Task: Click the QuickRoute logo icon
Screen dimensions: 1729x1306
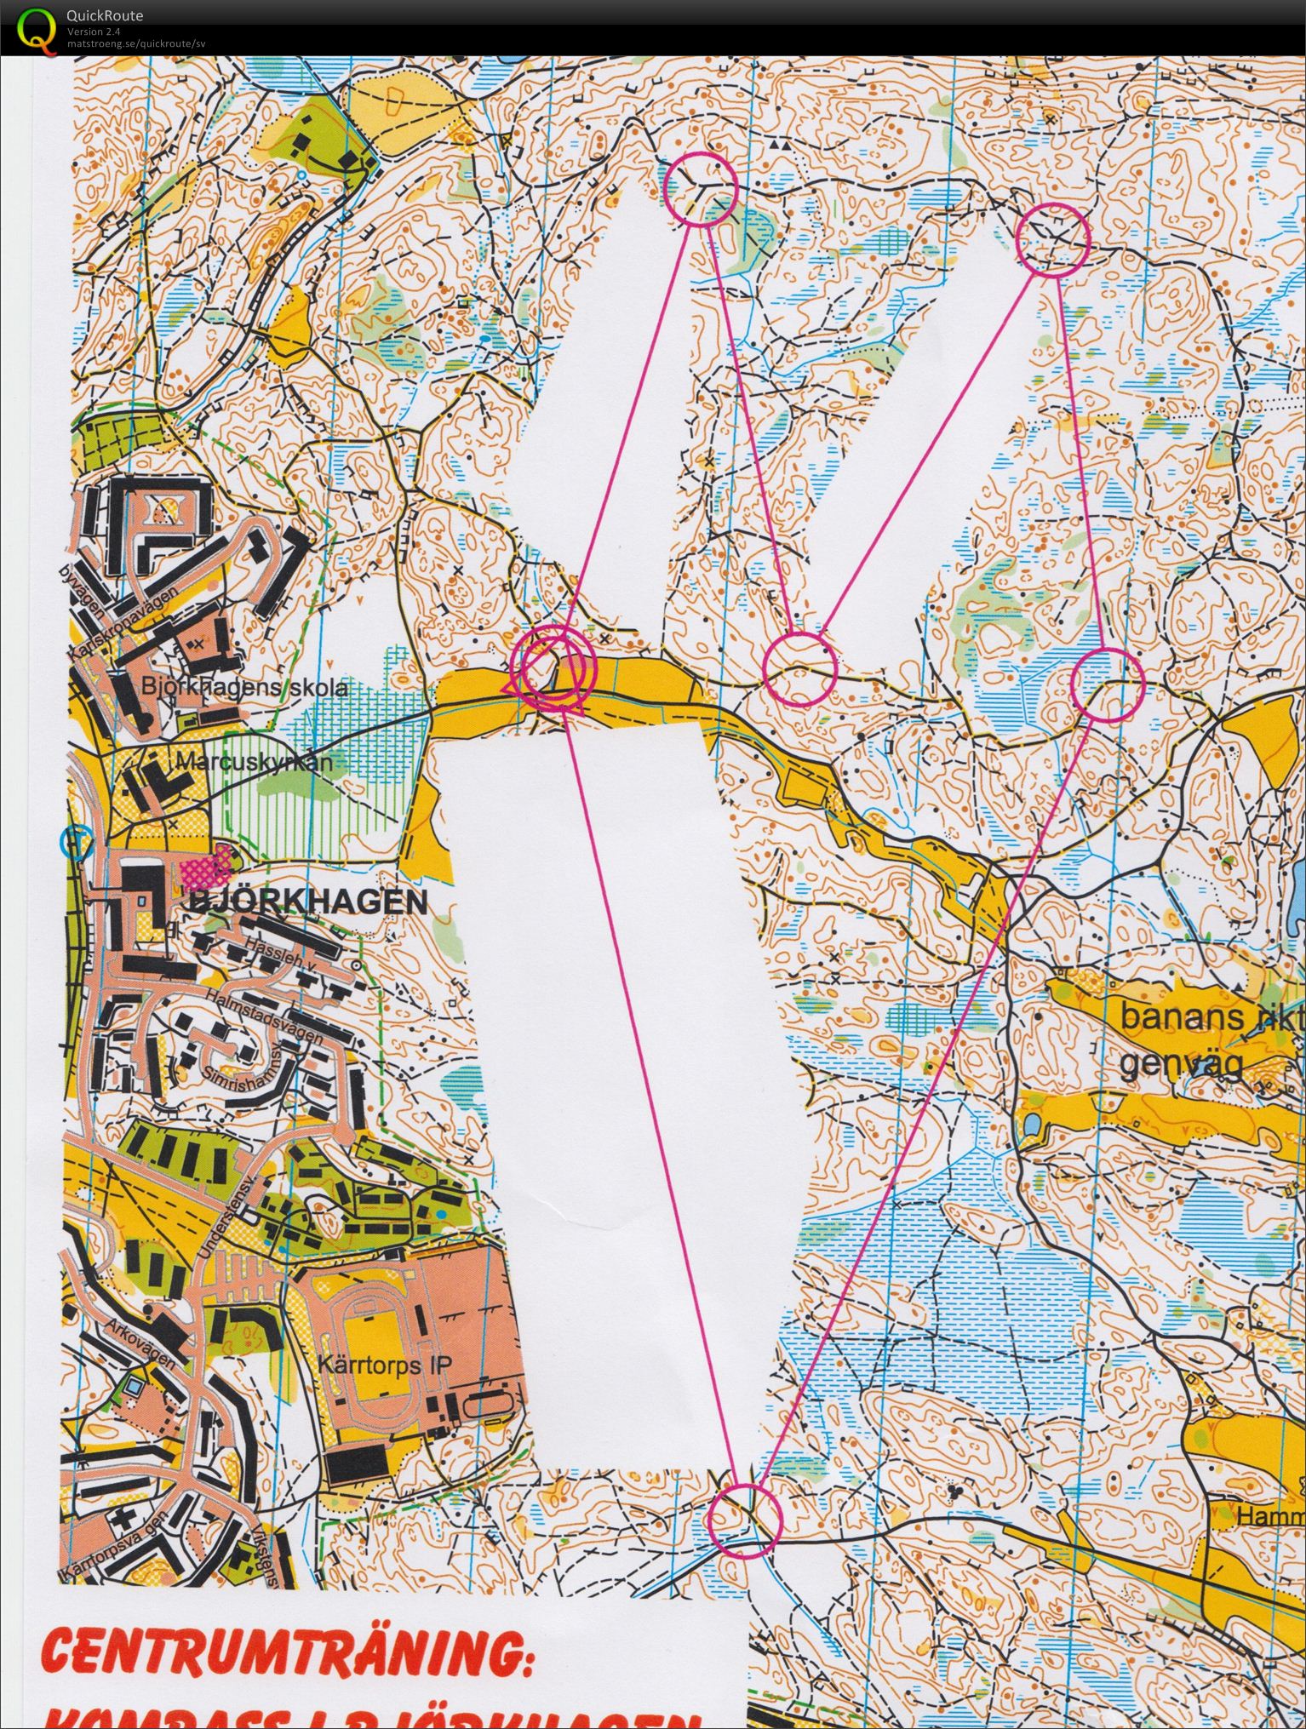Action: [x=32, y=27]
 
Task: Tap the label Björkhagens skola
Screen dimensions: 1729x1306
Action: [x=244, y=686]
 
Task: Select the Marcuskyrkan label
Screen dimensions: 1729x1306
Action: [x=253, y=762]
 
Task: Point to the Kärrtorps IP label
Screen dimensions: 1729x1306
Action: [x=384, y=1364]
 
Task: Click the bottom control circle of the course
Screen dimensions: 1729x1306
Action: [x=744, y=1520]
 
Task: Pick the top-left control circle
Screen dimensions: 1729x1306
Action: [x=699, y=189]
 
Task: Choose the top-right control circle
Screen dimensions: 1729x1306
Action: [x=1054, y=239]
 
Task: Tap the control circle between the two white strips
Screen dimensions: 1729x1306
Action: [x=799, y=669]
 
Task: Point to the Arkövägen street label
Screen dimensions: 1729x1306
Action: [x=142, y=1344]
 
